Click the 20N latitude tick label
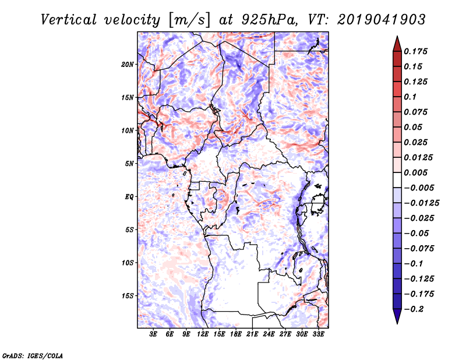coord(128,64)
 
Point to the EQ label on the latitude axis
coord(129,197)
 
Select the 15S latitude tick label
coord(128,296)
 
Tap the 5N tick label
coord(129,164)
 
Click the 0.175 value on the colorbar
coord(417,51)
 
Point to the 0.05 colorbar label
coord(414,127)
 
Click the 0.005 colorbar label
coord(417,172)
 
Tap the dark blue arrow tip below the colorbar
coord(397,319)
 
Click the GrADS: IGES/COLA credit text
coord(24,354)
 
